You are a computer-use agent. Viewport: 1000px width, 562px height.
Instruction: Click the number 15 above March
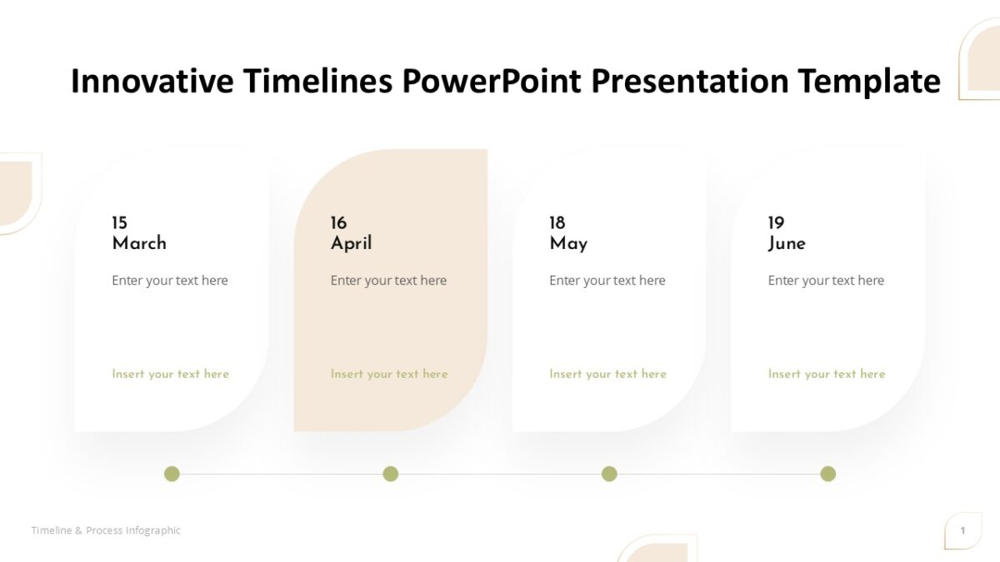(x=120, y=223)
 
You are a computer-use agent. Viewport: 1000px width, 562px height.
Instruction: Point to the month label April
(x=351, y=243)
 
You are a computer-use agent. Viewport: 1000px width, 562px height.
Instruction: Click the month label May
(x=568, y=244)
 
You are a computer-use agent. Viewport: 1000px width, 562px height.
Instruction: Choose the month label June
(x=787, y=243)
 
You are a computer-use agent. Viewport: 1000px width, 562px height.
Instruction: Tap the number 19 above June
(x=776, y=223)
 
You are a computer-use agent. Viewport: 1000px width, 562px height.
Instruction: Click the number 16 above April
(x=338, y=223)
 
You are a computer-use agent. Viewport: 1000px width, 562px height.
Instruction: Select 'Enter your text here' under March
(x=170, y=281)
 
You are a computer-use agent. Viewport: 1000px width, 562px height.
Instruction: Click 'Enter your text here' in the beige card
(x=388, y=281)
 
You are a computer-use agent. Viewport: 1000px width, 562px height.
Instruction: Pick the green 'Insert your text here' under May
(x=607, y=374)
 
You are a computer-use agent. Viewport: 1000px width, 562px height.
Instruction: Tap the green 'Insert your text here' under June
(x=827, y=374)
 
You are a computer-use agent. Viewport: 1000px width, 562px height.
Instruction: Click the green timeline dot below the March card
(x=172, y=474)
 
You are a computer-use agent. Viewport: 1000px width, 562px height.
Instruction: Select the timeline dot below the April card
(x=390, y=474)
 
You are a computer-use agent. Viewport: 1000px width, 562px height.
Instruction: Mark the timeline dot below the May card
(x=609, y=474)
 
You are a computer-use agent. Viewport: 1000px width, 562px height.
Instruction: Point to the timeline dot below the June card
(x=827, y=474)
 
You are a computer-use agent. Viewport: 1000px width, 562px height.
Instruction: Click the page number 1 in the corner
(x=962, y=530)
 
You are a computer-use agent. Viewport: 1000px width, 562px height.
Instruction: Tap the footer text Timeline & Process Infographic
(x=106, y=530)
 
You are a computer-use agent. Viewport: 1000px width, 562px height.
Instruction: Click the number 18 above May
(x=557, y=223)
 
